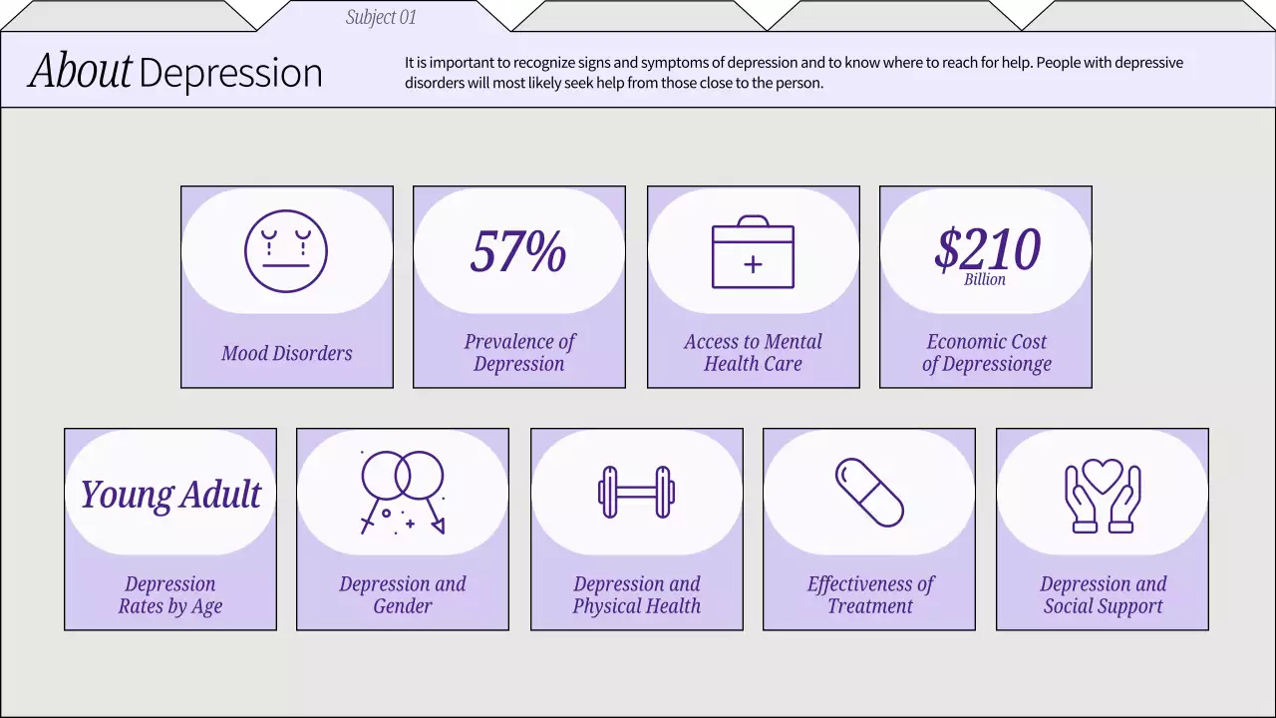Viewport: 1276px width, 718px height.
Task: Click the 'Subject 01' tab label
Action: [381, 17]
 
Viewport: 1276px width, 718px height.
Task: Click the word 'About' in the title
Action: [81, 72]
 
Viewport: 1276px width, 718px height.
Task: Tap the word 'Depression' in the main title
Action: [230, 74]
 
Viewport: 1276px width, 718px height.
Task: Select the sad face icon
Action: [286, 251]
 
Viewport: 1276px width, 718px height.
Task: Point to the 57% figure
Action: [518, 251]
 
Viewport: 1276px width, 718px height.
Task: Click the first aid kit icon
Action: [753, 253]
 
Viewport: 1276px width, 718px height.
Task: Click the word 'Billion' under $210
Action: [985, 280]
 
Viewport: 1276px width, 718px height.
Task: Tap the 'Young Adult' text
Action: [170, 494]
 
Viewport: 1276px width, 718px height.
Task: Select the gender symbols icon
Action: [403, 491]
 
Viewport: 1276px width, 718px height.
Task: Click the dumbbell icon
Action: [636, 492]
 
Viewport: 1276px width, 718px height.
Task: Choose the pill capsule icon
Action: [869, 492]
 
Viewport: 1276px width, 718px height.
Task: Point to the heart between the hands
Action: [1103, 475]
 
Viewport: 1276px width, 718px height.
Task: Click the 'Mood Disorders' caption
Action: [287, 353]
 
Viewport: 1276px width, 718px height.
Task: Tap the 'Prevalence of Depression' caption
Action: [519, 353]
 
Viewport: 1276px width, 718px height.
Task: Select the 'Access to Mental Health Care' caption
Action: [753, 353]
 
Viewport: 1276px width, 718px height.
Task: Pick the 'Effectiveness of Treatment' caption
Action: [870, 594]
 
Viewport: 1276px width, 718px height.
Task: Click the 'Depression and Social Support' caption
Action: [1103, 594]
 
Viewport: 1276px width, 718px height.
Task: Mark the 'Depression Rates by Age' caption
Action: [170, 594]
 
